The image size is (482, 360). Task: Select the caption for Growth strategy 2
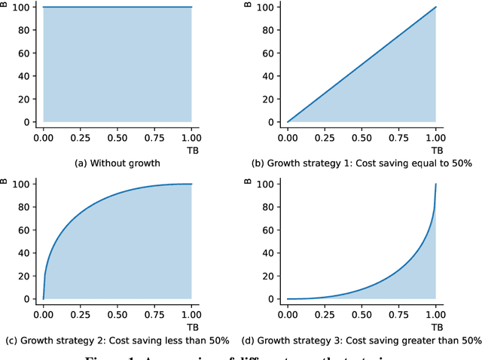[117, 340]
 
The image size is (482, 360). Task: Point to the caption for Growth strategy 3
[361, 340]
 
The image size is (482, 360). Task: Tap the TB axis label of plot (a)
[191, 149]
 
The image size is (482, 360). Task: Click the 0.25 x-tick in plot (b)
[325, 138]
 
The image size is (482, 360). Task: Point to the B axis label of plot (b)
[249, 5]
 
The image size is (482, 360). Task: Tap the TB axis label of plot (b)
[435, 149]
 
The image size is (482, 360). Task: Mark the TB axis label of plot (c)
[191, 326]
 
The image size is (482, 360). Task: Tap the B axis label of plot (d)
[249, 182]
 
